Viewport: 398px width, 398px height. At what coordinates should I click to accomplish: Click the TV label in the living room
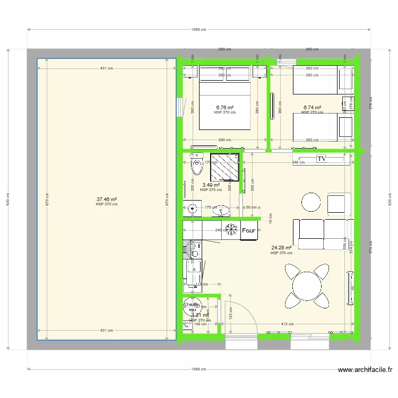[321, 159]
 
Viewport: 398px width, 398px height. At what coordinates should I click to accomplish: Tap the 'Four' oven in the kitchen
[248, 231]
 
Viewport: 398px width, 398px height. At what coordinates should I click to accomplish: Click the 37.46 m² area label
[106, 200]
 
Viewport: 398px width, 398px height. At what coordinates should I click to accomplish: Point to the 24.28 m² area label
[281, 247]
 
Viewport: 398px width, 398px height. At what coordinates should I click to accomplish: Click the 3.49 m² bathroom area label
[211, 185]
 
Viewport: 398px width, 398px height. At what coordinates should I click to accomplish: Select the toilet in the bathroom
[197, 165]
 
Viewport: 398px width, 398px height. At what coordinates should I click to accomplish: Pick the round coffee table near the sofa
[311, 202]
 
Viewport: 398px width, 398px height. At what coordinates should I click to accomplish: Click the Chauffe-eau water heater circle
[191, 306]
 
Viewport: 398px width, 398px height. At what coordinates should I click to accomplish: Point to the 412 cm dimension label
[287, 324]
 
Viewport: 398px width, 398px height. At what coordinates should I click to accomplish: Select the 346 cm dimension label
[298, 162]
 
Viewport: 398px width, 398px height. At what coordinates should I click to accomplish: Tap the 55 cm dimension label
[251, 207]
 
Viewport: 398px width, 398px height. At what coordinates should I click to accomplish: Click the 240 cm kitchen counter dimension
[218, 230]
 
